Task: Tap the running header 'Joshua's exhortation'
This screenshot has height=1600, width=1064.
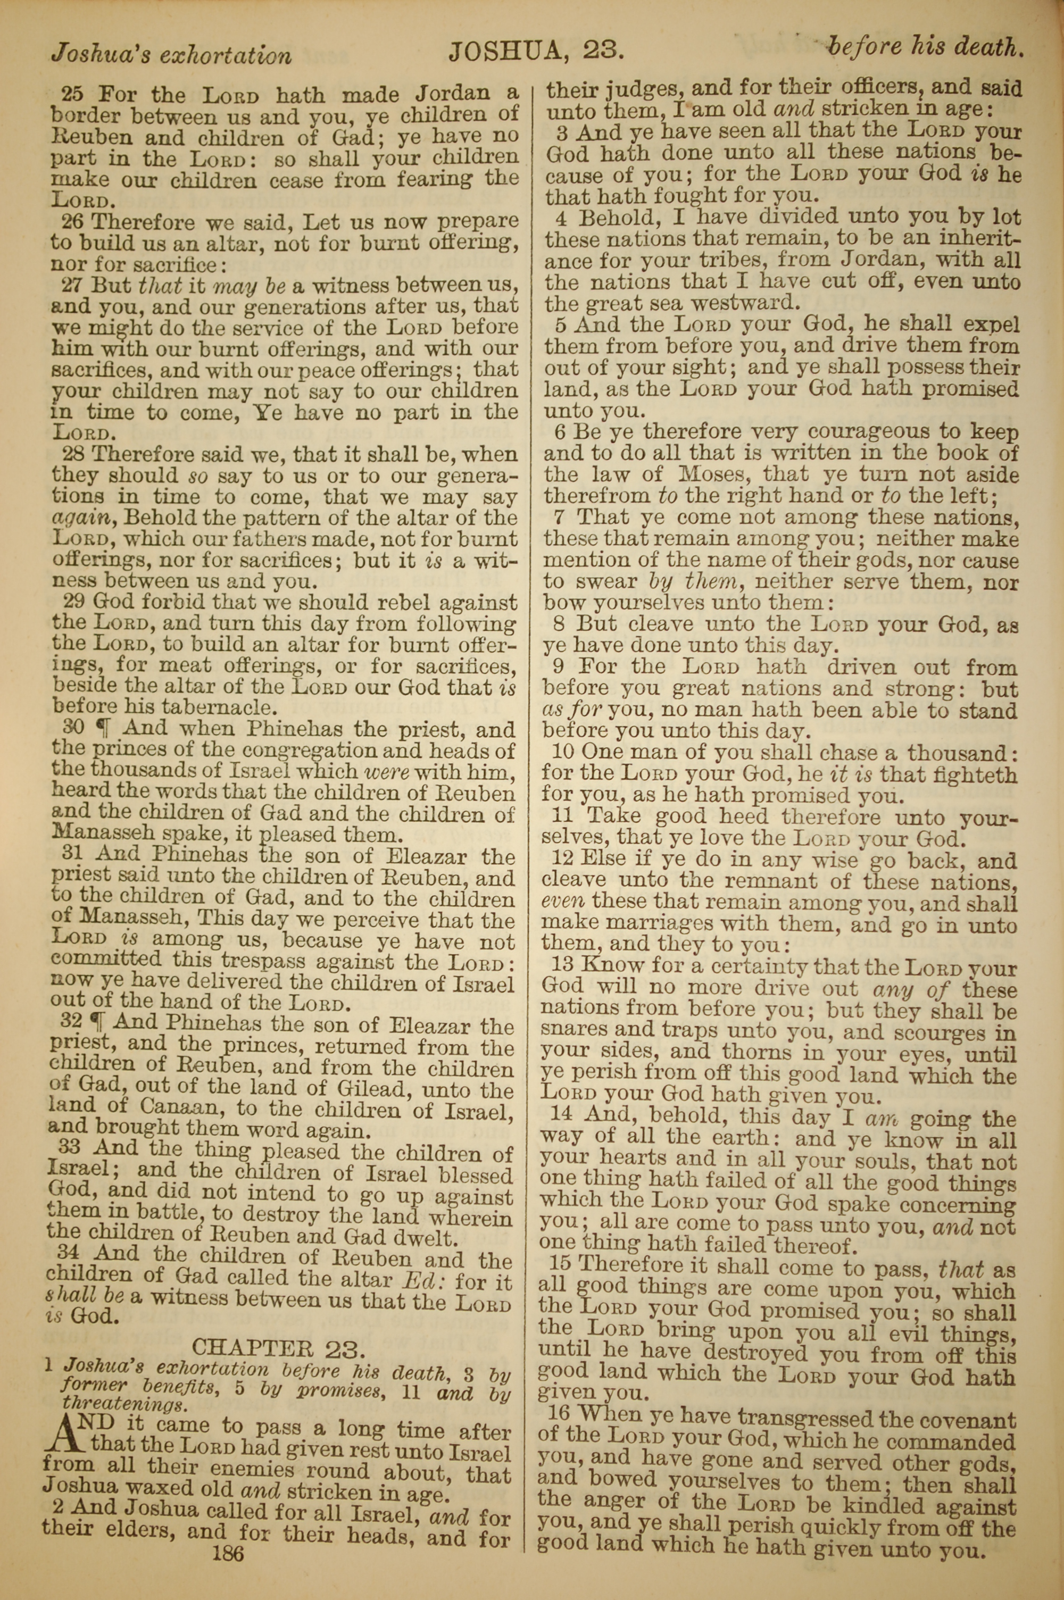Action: [x=171, y=54]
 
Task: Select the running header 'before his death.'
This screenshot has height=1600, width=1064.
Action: [x=924, y=47]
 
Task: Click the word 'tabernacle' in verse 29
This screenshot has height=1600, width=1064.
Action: [x=227, y=708]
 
